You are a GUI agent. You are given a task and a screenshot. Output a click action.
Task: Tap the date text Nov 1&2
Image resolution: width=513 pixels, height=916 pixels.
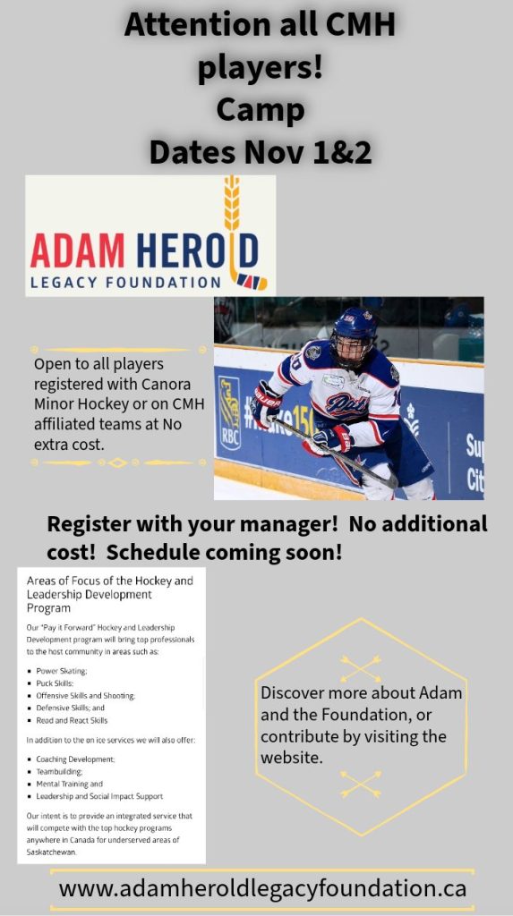(308, 152)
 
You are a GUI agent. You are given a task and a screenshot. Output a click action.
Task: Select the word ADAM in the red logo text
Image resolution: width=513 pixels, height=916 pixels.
(78, 250)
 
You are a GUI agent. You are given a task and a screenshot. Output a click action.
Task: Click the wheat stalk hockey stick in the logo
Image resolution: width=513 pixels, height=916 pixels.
(239, 233)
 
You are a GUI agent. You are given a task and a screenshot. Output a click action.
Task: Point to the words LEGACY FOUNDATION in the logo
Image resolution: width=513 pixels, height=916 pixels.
(125, 283)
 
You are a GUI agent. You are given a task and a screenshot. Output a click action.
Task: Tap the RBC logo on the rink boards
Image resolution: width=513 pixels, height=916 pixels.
(229, 412)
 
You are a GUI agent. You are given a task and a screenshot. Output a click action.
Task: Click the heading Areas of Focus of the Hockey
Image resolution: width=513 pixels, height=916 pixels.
(109, 581)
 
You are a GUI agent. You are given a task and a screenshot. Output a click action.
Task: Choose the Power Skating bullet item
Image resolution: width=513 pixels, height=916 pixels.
(62, 671)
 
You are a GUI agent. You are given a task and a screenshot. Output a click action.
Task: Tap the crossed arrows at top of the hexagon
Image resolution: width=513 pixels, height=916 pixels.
(361, 668)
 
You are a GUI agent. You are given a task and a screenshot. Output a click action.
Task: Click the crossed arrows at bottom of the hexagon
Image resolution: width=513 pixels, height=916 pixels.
(361, 784)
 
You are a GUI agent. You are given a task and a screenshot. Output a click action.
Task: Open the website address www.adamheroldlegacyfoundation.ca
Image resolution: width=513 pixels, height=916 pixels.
(262, 888)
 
